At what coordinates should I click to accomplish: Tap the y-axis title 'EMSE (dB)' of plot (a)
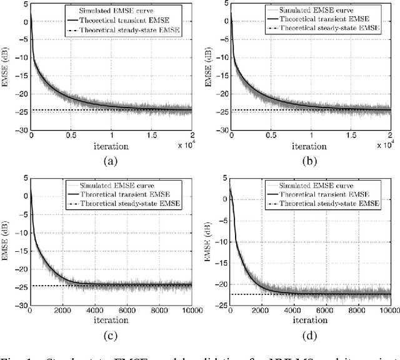pos(6,69)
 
